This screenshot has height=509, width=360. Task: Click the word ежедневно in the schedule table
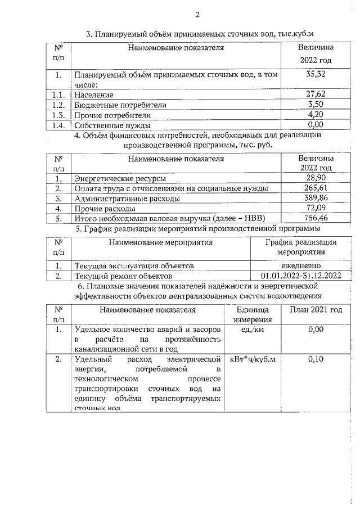click(x=301, y=265)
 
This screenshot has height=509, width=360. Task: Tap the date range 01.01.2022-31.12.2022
click(x=301, y=276)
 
